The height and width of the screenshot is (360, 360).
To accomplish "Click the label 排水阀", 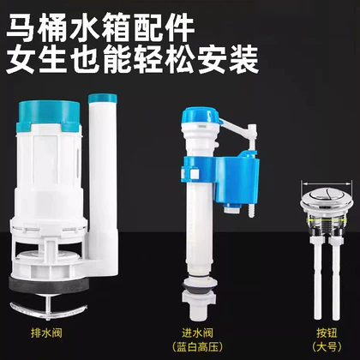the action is pyautogui.click(x=46, y=333).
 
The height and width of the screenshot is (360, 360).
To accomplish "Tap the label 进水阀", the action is pyautogui.click(x=197, y=333).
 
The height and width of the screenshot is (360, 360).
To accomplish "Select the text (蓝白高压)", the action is pyautogui.click(x=197, y=347).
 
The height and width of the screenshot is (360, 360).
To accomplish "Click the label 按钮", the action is pyautogui.click(x=327, y=333).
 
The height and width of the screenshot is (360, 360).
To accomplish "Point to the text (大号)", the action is pyautogui.click(x=327, y=347).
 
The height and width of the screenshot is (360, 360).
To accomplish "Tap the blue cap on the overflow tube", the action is pyautogui.click(x=103, y=98).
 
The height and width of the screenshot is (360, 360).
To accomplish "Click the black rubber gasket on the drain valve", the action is pyautogui.click(x=48, y=285).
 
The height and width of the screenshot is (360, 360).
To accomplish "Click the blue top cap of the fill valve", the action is pyautogui.click(x=200, y=117).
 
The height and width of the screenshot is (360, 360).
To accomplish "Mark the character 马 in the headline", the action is pyautogui.click(x=22, y=29).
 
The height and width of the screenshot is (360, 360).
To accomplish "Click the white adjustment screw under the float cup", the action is pyautogui.click(x=251, y=210).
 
